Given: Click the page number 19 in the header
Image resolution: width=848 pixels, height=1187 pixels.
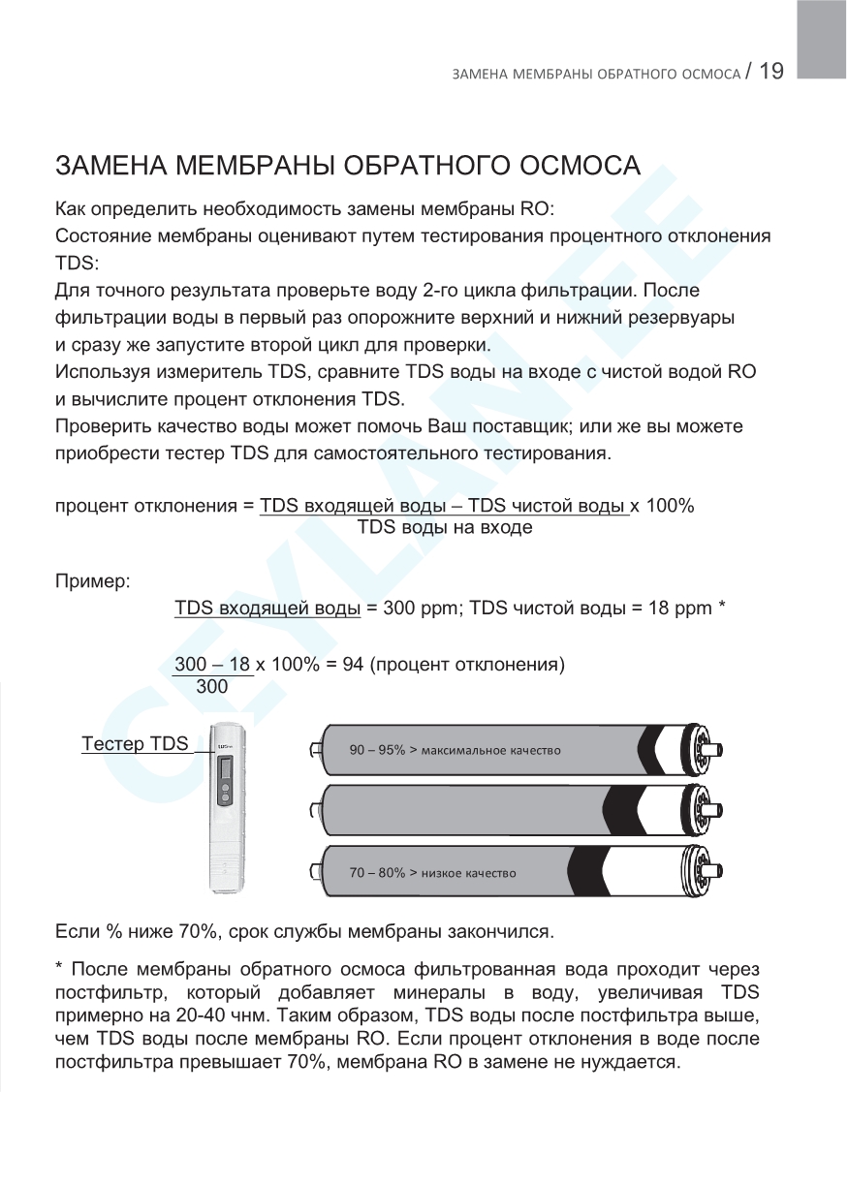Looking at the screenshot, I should tap(771, 71).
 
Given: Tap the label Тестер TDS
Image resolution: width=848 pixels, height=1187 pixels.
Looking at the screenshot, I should tap(135, 744).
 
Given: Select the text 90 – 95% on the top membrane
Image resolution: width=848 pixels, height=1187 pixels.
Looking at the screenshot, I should tap(377, 751).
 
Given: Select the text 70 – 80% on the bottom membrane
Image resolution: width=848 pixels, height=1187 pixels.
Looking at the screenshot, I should tap(377, 873).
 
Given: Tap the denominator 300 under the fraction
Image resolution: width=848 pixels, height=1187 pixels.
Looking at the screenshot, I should tap(212, 687).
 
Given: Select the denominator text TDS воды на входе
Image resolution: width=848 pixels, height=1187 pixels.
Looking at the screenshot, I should tap(445, 528).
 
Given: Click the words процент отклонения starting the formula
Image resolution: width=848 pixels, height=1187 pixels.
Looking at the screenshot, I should tap(146, 507).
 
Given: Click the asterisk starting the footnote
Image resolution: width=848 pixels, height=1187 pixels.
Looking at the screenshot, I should tap(59, 970).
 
